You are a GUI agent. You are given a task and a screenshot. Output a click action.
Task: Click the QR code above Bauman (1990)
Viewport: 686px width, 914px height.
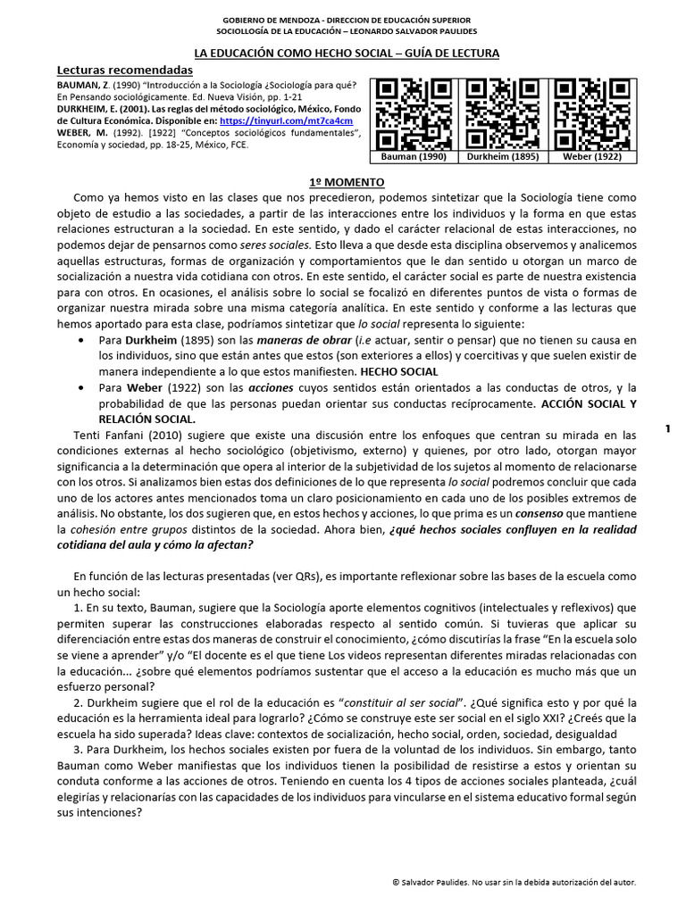(x=413, y=113)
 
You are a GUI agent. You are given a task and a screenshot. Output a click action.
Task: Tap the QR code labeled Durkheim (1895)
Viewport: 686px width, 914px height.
(x=499, y=113)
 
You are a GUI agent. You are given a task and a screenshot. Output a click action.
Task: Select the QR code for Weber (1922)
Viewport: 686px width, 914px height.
(x=586, y=113)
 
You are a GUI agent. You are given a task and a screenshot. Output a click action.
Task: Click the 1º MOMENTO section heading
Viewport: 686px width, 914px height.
(x=347, y=182)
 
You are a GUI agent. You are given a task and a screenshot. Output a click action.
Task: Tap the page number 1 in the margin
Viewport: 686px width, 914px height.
(x=667, y=429)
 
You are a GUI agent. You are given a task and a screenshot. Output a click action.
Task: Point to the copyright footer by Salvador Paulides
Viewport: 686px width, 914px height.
(x=514, y=881)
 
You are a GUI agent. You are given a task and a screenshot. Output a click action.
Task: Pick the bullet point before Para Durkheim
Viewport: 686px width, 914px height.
(x=83, y=340)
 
